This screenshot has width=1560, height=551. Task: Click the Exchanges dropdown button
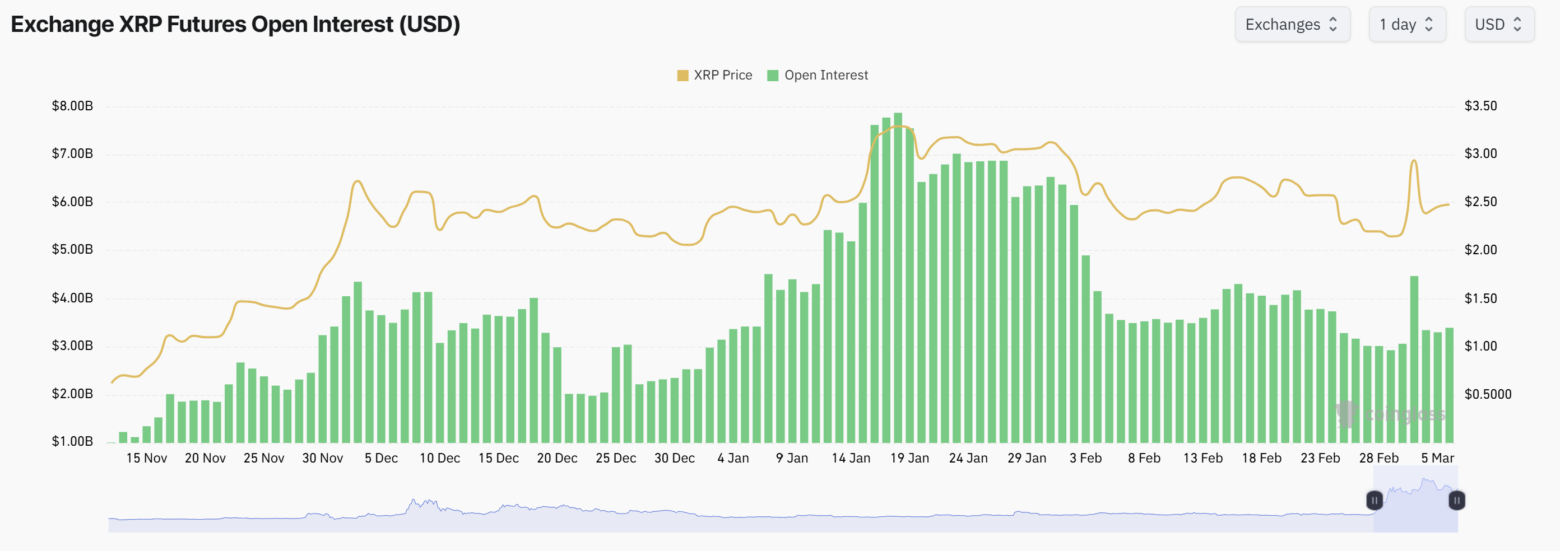click(x=1292, y=24)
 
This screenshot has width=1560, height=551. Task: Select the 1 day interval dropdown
click(x=1407, y=24)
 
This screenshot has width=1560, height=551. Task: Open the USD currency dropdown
click(x=1499, y=24)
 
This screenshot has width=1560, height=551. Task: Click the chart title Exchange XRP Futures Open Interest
click(x=235, y=24)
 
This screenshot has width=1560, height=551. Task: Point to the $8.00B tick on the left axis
click(x=73, y=106)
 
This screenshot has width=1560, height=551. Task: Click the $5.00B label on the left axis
click(x=73, y=250)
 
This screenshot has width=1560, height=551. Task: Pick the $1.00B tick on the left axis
click(x=73, y=441)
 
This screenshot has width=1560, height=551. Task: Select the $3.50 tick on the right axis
click(x=1480, y=106)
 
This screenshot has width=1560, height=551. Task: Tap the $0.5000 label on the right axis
click(x=1487, y=394)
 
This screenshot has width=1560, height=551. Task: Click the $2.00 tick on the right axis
click(x=1480, y=250)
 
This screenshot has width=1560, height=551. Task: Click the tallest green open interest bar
click(x=898, y=278)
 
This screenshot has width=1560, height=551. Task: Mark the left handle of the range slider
click(x=1374, y=501)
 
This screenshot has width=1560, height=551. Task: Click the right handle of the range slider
click(x=1456, y=501)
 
